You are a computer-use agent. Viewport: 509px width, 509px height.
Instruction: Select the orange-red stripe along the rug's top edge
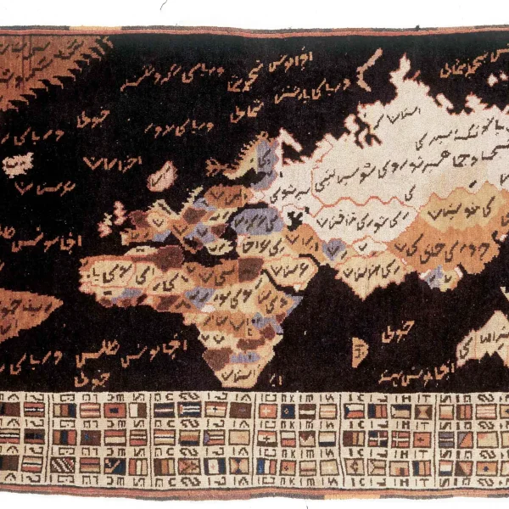point(255,31)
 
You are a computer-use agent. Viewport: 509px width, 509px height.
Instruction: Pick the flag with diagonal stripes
point(61,465)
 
